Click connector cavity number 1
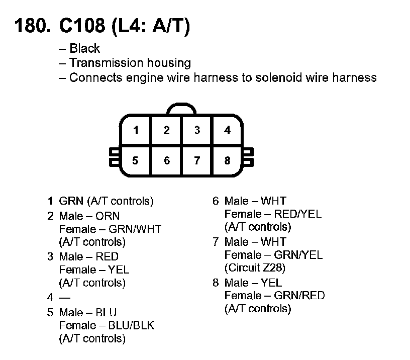136,131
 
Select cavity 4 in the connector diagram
228,131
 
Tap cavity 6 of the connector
167,161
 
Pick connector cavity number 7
197,161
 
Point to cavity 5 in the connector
136,161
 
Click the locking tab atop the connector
182,109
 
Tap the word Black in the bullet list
84,49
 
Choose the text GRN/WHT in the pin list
135,229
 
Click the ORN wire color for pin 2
108,216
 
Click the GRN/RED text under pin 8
299,295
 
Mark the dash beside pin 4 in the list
64,298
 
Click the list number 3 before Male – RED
50,257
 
